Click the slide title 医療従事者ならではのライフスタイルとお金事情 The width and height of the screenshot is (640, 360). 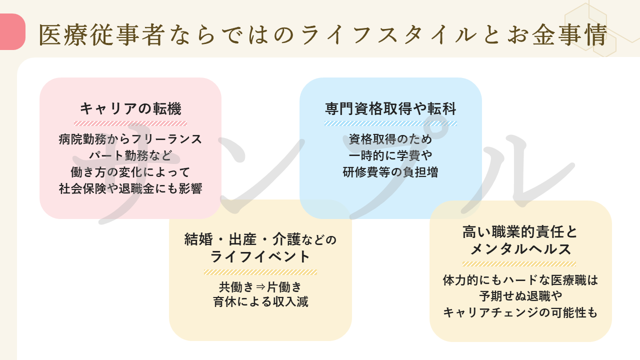tap(322, 35)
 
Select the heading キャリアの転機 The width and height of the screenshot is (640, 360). tap(130, 108)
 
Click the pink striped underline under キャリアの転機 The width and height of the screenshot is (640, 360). tap(130, 123)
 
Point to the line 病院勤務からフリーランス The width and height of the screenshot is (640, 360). tap(130, 139)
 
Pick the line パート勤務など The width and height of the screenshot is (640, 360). tap(130, 155)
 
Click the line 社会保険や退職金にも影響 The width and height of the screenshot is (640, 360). tap(130, 188)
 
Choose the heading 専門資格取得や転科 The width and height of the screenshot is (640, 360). tap(390, 108)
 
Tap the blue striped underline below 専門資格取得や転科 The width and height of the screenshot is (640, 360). tap(390, 123)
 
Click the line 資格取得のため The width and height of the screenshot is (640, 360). tap(390, 139)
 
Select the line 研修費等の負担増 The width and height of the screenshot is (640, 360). tap(390, 172)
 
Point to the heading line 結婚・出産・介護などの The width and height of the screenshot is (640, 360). tap(260, 240)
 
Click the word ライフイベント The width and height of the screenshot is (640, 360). tap(260, 257)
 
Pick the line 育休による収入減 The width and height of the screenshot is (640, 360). tap(260, 302)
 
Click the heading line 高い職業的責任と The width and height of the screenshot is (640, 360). tap(520, 232)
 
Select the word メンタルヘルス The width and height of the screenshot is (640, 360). tap(520, 249)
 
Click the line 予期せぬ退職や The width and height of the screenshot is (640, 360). tap(520, 296)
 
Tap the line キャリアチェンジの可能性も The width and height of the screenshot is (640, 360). tap(520, 312)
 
